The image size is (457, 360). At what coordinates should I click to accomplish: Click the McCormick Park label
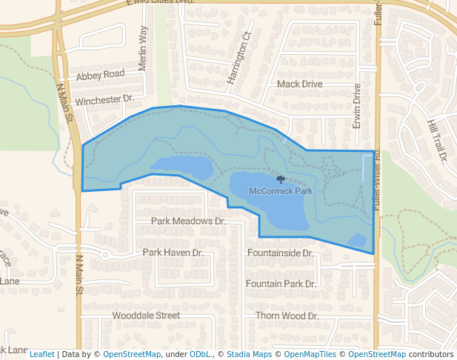pos(281,191)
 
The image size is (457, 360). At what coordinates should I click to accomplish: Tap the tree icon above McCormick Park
pos(280,179)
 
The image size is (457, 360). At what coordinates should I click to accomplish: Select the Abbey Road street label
pos(100,75)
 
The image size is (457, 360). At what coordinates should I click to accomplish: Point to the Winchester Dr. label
pos(104,99)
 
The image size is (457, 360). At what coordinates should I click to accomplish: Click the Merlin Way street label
pos(143,50)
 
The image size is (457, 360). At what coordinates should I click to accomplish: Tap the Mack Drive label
pos(299,84)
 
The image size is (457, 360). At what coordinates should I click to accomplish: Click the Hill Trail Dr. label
pos(438,140)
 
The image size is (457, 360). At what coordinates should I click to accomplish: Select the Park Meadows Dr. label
pos(187,221)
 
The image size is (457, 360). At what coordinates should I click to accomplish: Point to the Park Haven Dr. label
pos(173,253)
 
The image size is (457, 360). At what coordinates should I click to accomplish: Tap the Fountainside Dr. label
pos(280,253)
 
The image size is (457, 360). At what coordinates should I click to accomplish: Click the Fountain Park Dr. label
pos(281,284)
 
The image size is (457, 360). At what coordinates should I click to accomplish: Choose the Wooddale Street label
pos(146,316)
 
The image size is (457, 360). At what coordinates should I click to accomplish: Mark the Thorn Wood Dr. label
pos(287,316)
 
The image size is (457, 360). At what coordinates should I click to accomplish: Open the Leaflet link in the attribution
pos(41,354)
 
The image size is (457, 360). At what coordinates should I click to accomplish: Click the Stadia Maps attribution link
pos(249,354)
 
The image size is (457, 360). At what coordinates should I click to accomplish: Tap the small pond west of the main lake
pos(181,167)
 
